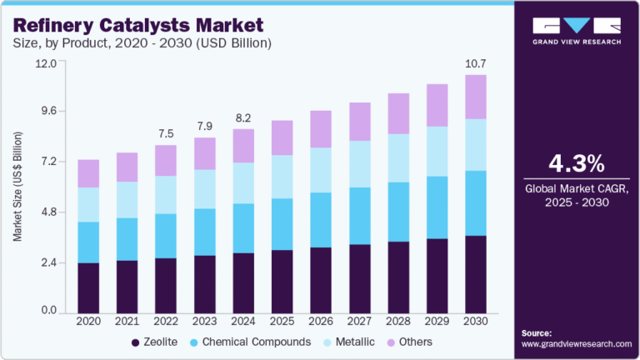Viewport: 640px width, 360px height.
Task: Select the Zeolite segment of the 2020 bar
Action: click(x=88, y=287)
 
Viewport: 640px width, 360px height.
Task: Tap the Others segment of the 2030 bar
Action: click(x=476, y=97)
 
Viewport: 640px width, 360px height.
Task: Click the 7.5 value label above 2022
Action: click(x=166, y=133)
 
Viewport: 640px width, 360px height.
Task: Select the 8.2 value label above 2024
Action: click(x=243, y=117)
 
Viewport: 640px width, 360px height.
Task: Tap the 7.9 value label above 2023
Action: click(x=205, y=126)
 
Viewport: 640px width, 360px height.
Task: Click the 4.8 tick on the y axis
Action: click(x=47, y=212)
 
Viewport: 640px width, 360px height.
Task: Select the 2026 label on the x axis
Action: click(x=321, y=321)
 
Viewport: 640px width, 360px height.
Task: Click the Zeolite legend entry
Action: click(x=154, y=342)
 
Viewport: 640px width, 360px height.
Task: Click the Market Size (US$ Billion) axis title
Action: click(x=17, y=187)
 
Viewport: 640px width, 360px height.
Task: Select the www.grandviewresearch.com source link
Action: click(x=577, y=343)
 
